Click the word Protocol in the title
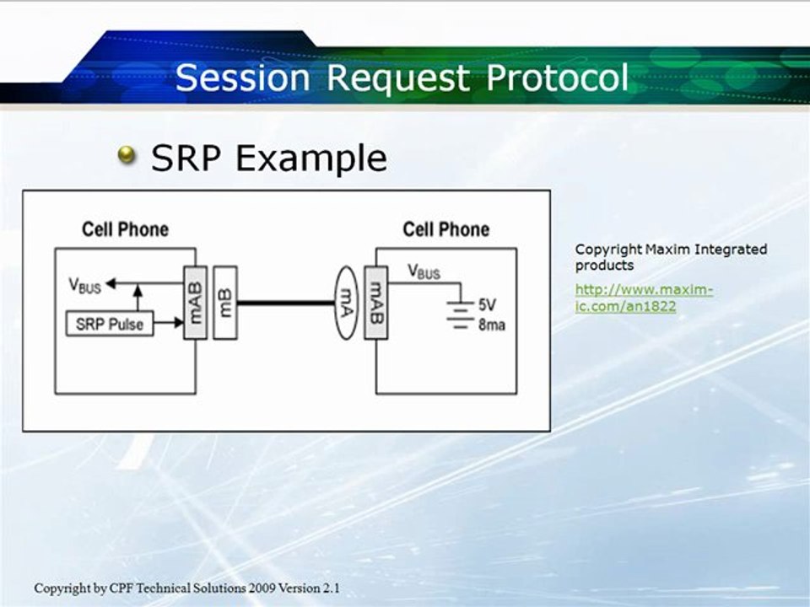click(558, 78)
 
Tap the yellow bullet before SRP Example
click(127, 154)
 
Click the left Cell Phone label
click(125, 229)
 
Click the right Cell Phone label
click(445, 229)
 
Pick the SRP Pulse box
click(110, 324)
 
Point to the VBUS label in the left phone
click(84, 286)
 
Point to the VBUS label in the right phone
click(424, 271)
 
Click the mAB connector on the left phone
click(195, 303)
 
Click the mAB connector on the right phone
click(375, 303)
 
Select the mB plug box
click(225, 303)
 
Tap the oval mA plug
click(345, 303)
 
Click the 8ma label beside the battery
click(492, 324)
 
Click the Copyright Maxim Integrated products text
click(671, 257)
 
